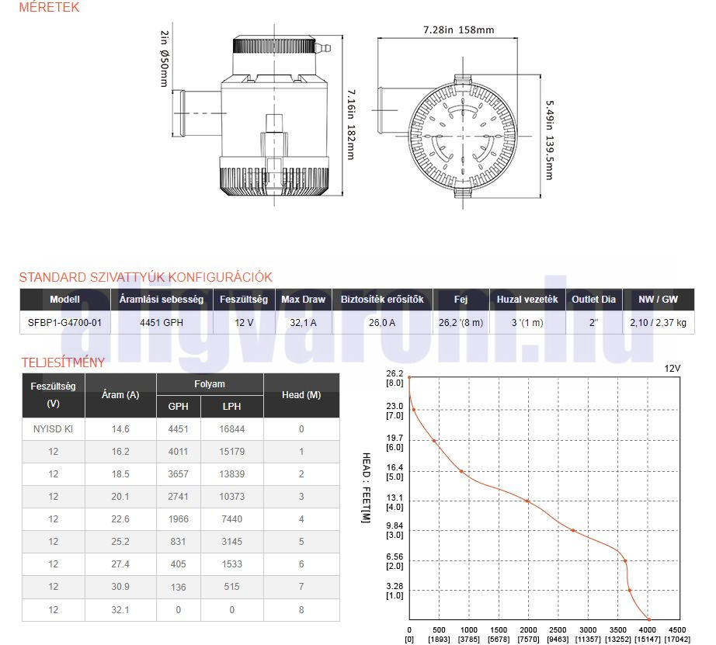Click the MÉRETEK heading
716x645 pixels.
coord(49,7)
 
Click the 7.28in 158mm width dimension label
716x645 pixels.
coord(458,30)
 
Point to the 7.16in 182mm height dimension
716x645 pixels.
coord(351,124)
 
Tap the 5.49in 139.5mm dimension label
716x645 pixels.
coord(550,140)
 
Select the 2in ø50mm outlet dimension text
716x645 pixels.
coord(164,58)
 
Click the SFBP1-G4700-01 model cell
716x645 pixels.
coord(64,323)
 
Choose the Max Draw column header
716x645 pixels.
coord(303,300)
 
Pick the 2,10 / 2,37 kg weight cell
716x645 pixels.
coord(658,323)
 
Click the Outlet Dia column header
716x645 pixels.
coord(593,300)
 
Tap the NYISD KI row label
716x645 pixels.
coord(53,429)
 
